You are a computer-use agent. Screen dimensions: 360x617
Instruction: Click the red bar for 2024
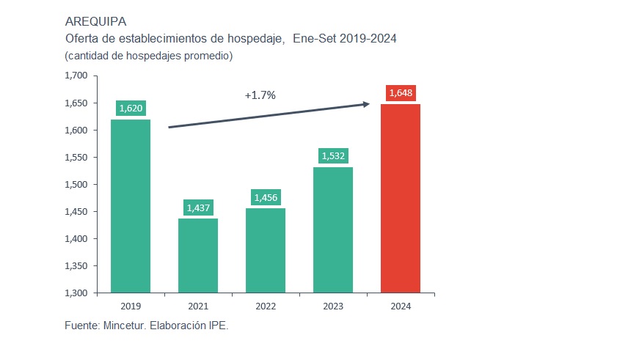pyautogui.click(x=401, y=198)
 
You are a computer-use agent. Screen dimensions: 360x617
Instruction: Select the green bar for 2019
pyautogui.click(x=131, y=206)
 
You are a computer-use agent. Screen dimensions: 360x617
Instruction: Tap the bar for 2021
pyautogui.click(x=198, y=255)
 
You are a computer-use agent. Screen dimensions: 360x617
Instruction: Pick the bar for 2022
pyautogui.click(x=266, y=250)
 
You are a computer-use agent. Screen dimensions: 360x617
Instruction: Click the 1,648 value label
pyautogui.click(x=401, y=93)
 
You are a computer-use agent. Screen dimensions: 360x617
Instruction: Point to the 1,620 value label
pyautogui.click(x=131, y=109)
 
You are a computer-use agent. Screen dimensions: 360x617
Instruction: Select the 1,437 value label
pyautogui.click(x=198, y=207)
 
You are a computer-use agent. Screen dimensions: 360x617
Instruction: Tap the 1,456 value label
pyautogui.click(x=266, y=197)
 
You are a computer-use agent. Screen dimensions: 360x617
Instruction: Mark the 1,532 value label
pyautogui.click(x=333, y=156)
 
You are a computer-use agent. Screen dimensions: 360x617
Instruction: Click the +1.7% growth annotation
pyautogui.click(x=260, y=95)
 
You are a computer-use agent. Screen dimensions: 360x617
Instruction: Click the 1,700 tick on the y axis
pyautogui.click(x=76, y=76)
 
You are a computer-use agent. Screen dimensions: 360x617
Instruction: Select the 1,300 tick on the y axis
pyautogui.click(x=76, y=293)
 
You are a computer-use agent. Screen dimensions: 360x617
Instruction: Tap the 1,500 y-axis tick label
pyautogui.click(x=76, y=185)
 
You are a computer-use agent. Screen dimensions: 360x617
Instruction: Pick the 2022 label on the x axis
pyautogui.click(x=266, y=306)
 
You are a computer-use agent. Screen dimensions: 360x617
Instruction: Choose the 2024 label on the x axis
pyautogui.click(x=401, y=306)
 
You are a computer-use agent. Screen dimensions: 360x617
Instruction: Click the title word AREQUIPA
pyautogui.click(x=95, y=21)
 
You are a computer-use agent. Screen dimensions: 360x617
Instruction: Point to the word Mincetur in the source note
pyautogui.click(x=123, y=326)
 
